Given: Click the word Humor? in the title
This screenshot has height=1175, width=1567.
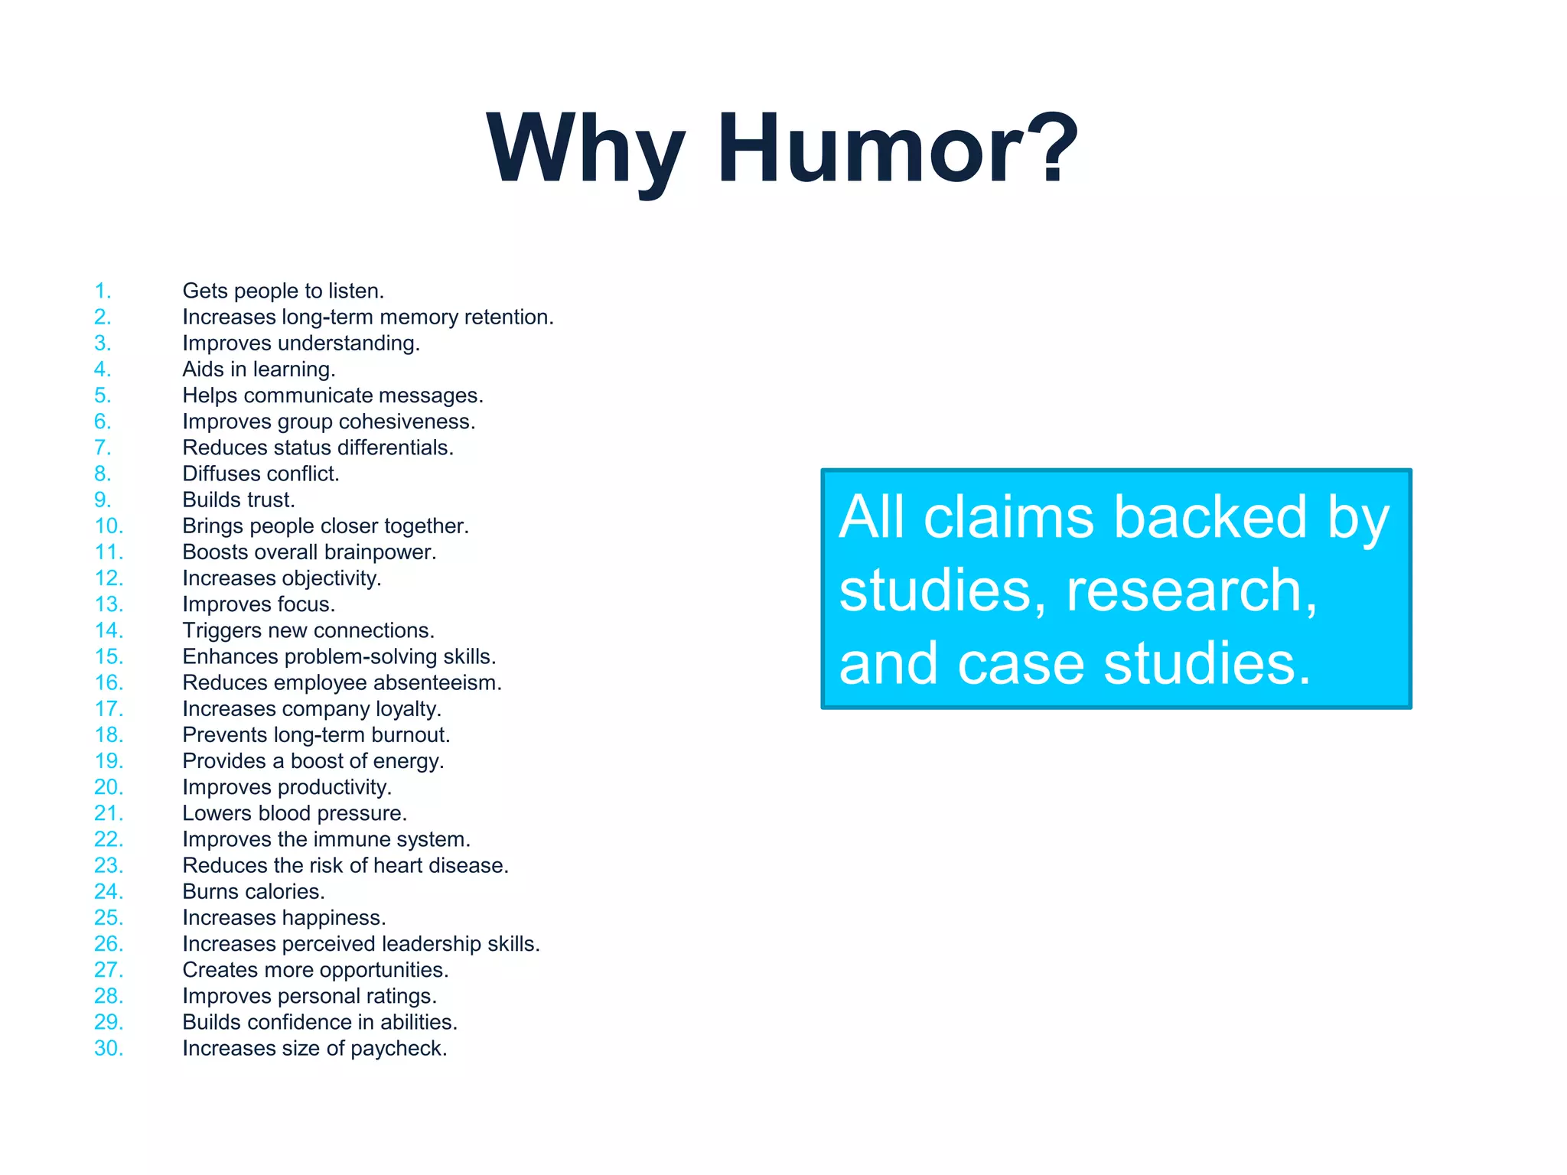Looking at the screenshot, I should pyautogui.click(x=897, y=149).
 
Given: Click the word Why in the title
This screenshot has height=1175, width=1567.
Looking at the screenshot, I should pyautogui.click(x=585, y=149).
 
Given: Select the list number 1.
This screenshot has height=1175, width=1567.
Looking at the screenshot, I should pyautogui.click(x=103, y=291).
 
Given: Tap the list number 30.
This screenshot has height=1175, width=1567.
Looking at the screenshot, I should pyautogui.click(x=108, y=1049).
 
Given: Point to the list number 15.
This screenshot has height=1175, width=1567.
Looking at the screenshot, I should pyautogui.click(x=108, y=657).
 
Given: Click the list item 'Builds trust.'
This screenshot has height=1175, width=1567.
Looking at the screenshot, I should pyautogui.click(x=239, y=500).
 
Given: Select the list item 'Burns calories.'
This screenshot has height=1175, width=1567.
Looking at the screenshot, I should pyautogui.click(x=253, y=892).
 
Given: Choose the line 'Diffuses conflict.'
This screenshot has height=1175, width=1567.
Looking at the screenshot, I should pyautogui.click(x=260, y=474).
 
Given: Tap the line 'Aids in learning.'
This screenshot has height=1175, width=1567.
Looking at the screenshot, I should pyautogui.click(x=259, y=369).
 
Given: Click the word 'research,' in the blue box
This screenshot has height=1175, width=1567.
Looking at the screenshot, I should pyautogui.click(x=1191, y=591).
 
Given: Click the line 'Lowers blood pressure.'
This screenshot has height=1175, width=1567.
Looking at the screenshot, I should pyautogui.click(x=295, y=814).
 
